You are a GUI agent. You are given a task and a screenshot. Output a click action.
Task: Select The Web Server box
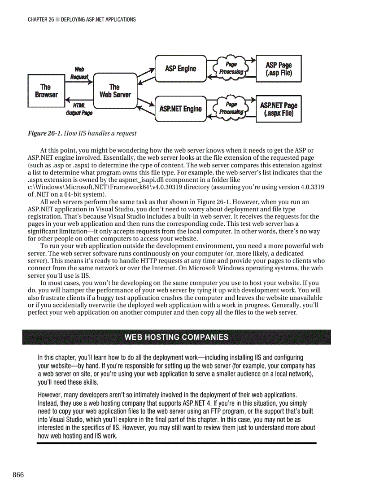click(x=115, y=91)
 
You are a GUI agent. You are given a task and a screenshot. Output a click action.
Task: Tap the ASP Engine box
click(x=180, y=69)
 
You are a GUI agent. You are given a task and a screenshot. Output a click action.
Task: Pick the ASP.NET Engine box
click(x=180, y=109)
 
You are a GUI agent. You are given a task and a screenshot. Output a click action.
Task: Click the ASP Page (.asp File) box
click(x=279, y=69)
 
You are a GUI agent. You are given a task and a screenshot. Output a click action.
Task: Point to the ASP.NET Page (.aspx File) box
click(x=279, y=109)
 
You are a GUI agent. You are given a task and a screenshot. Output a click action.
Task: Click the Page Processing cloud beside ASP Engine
click(x=231, y=68)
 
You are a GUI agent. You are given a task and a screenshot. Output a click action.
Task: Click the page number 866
click(x=18, y=475)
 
